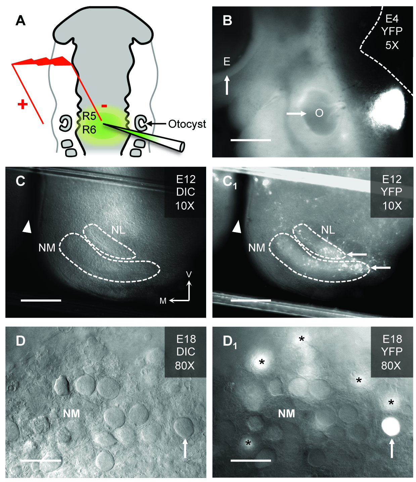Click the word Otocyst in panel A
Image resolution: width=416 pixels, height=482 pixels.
pyautogui.click(x=187, y=124)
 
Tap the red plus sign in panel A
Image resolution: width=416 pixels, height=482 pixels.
pyautogui.click(x=22, y=105)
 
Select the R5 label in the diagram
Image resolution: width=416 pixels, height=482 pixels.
pyautogui.click(x=89, y=116)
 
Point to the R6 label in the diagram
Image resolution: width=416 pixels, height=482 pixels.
pyautogui.click(x=89, y=129)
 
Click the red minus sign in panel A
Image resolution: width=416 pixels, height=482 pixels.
pyautogui.click(x=104, y=106)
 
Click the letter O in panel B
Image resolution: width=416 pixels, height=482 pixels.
pyautogui.click(x=319, y=113)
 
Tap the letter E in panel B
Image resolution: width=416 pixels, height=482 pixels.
pyautogui.click(x=227, y=62)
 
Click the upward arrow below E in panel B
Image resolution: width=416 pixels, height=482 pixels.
pyautogui.click(x=227, y=85)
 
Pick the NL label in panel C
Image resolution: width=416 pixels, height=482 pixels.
pyautogui.click(x=118, y=230)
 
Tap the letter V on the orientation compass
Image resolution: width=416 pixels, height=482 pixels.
pyautogui.click(x=189, y=275)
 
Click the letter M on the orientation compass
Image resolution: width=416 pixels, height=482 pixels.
pyautogui.click(x=163, y=301)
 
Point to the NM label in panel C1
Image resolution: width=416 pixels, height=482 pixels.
pyautogui.click(x=257, y=248)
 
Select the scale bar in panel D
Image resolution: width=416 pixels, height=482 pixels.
pyautogui.click(x=41, y=461)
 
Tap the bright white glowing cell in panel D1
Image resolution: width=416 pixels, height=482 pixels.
pyautogui.click(x=391, y=426)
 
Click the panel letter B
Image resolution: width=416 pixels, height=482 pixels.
pyautogui.click(x=227, y=20)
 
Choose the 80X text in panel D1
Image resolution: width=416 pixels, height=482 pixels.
pyautogui.click(x=391, y=365)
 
